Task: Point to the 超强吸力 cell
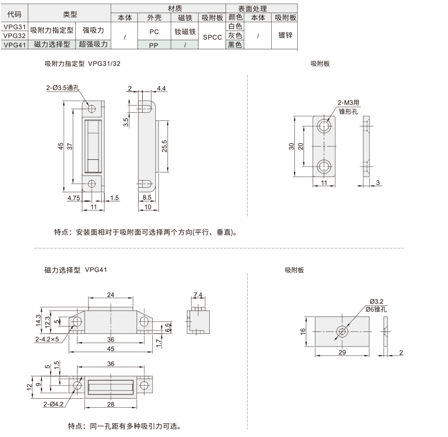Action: [x=93, y=44]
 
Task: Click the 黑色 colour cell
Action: [x=235, y=44]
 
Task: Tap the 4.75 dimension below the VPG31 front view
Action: [x=73, y=198]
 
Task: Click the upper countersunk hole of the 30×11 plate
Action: [x=324, y=126]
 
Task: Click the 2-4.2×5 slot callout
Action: [x=49, y=340]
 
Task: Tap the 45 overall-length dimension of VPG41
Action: [x=110, y=348]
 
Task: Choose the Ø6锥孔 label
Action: [x=376, y=309]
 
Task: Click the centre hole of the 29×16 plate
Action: [x=341, y=331]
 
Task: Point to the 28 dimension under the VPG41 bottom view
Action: [x=110, y=403]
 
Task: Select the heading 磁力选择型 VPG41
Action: [x=76, y=270]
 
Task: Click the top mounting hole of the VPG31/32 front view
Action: [x=92, y=109]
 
